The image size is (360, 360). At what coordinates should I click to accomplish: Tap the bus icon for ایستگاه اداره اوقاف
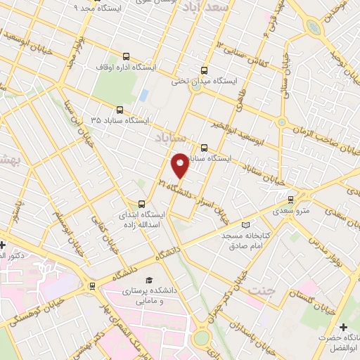126,57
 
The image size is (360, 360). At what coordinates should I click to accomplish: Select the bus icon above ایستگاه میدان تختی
204,70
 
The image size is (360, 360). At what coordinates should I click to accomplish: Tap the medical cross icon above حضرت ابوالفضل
342,328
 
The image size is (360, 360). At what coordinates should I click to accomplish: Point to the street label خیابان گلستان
317,298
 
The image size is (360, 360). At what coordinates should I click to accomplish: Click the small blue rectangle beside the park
143,94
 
